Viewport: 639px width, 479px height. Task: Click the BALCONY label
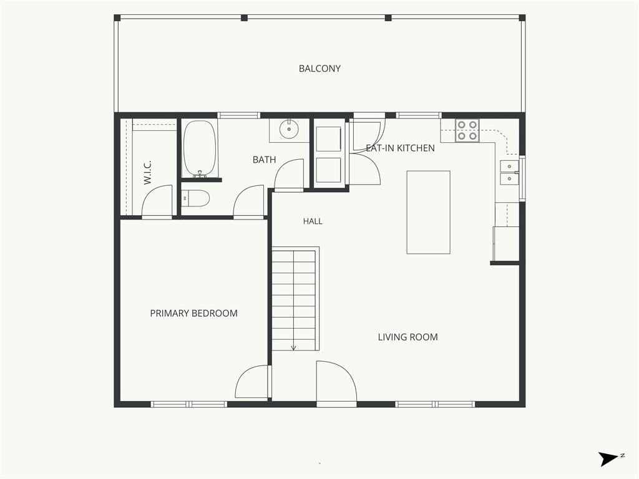(319, 69)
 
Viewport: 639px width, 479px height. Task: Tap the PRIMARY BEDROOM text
(193, 313)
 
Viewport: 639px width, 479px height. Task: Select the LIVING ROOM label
(407, 337)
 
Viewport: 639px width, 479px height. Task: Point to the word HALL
(313, 221)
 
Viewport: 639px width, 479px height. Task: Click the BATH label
(264, 160)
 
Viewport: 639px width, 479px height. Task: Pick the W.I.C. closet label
(147, 172)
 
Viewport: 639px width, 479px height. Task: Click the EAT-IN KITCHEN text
(400, 148)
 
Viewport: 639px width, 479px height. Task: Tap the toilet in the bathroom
(195, 198)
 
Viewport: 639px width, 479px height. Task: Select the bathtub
(199, 149)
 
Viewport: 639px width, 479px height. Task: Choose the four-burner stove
(467, 130)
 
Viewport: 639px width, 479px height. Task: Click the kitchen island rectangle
(428, 212)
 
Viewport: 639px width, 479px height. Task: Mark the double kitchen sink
(509, 172)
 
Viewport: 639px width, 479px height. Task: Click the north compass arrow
(609, 459)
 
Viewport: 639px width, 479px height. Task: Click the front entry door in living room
(336, 381)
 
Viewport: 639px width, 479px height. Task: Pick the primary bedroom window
(188, 404)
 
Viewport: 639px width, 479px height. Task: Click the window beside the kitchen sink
(522, 178)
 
